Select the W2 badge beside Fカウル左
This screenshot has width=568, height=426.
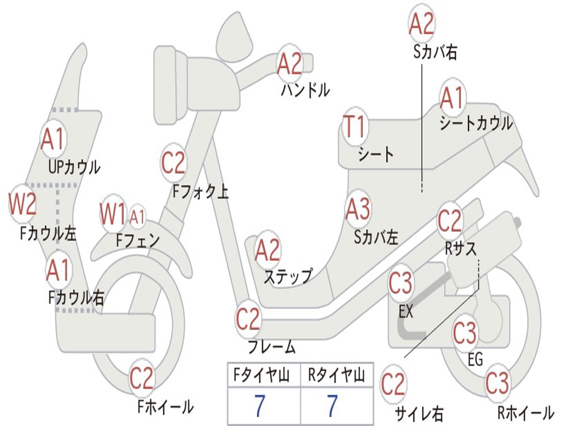coord(23,204)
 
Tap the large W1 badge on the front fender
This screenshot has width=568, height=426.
coord(113,214)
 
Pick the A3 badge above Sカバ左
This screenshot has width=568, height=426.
coord(358,209)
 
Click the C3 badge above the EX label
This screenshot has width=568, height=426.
coord(400,283)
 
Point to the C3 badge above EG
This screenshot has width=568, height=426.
coord(465,333)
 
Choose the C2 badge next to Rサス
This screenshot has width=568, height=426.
coord(450,221)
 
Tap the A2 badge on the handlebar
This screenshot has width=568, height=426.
coord(290,64)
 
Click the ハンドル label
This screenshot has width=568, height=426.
coord(305,90)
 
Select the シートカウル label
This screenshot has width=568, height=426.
coord(476,123)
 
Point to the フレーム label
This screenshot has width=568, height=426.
coord(272,348)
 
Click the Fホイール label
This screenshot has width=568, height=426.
coord(165,407)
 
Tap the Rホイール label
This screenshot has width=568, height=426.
coord(525,412)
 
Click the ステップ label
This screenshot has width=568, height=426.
coord(288,276)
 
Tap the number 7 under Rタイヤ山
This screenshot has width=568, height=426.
coord(332,407)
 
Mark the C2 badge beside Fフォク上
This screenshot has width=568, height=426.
coord(174,163)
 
